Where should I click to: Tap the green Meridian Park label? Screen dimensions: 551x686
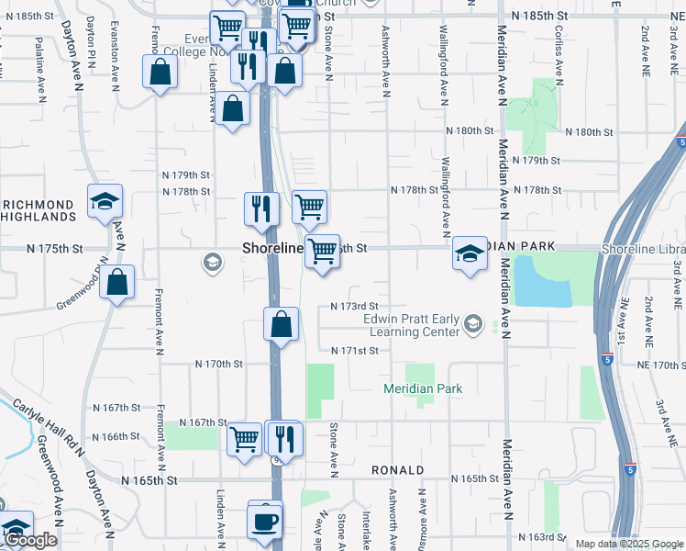point(423,388)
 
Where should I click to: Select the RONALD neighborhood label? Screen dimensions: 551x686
point(397,470)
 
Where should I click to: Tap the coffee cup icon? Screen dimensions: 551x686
point(266,520)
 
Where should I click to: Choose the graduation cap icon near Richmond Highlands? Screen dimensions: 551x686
point(105,202)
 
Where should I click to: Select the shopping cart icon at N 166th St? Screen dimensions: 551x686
point(245,439)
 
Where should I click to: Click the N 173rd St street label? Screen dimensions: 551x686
point(354,306)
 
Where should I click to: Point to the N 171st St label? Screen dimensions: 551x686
point(354,351)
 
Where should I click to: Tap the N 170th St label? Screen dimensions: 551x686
point(218,365)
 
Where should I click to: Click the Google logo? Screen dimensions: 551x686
point(30,541)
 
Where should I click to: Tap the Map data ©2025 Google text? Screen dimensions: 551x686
point(628,544)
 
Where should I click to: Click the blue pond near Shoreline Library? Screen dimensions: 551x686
point(542,281)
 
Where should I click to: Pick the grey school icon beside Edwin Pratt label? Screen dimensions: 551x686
point(472,322)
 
